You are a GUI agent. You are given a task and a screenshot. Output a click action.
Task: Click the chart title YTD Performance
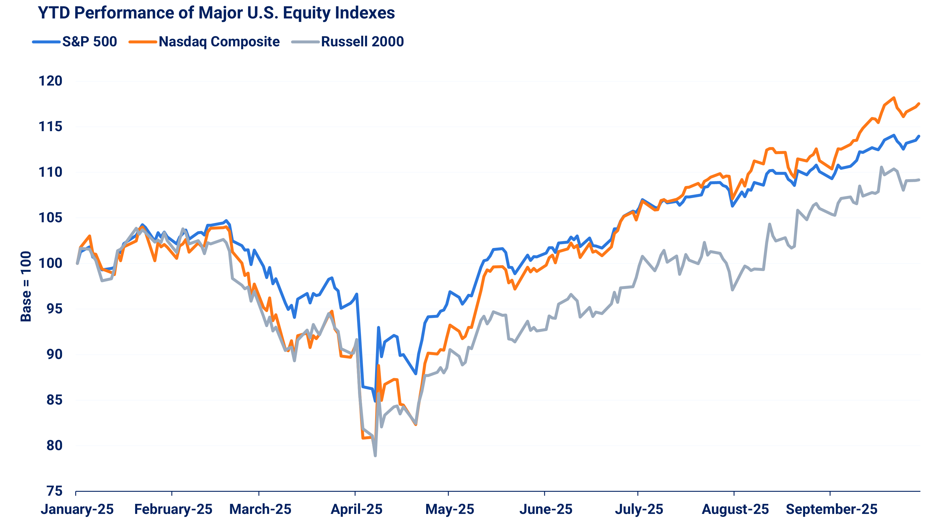click(x=216, y=13)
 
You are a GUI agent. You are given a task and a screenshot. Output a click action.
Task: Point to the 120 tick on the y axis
click(x=50, y=81)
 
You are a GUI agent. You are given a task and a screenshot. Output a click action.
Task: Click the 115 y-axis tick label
click(x=50, y=127)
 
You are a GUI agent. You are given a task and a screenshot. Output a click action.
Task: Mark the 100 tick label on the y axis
click(x=50, y=263)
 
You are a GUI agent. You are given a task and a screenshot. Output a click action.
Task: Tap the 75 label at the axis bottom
click(x=54, y=491)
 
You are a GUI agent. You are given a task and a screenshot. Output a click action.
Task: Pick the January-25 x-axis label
click(x=77, y=509)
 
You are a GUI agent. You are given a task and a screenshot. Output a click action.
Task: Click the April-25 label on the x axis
click(x=356, y=509)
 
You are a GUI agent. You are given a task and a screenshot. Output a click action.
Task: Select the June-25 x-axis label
click(x=545, y=509)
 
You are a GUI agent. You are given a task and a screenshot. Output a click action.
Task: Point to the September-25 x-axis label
click(x=831, y=509)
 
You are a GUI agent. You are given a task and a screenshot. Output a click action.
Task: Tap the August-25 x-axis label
click(x=735, y=509)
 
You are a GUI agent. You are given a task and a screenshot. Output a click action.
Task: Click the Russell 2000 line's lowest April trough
click(x=375, y=455)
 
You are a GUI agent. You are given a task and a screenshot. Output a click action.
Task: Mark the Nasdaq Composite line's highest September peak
click(x=893, y=98)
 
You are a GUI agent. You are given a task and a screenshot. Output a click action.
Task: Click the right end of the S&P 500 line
click(x=919, y=136)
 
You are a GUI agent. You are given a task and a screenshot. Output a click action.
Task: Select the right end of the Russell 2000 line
click(x=919, y=180)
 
